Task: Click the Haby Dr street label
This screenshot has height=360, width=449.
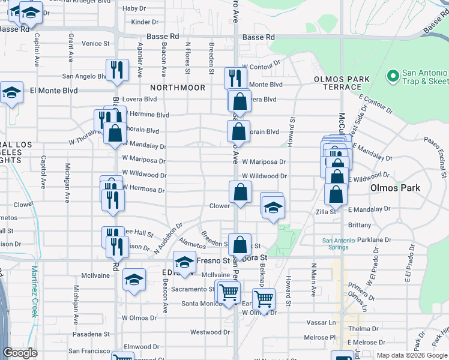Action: (x=134, y=8)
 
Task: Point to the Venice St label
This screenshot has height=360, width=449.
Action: (x=96, y=43)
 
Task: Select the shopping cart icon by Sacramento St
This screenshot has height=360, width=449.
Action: (x=228, y=292)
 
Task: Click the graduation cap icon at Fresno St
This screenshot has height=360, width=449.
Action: (x=184, y=262)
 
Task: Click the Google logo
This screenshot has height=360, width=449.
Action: (x=20, y=353)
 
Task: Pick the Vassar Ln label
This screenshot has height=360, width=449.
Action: (x=324, y=322)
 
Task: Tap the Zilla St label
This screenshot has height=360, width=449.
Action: (x=325, y=211)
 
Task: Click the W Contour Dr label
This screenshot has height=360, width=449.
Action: (x=261, y=64)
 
